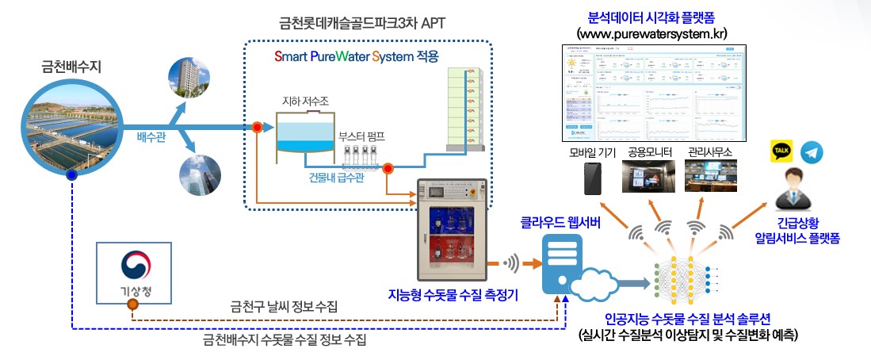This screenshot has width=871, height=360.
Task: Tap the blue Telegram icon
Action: point(812,152)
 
